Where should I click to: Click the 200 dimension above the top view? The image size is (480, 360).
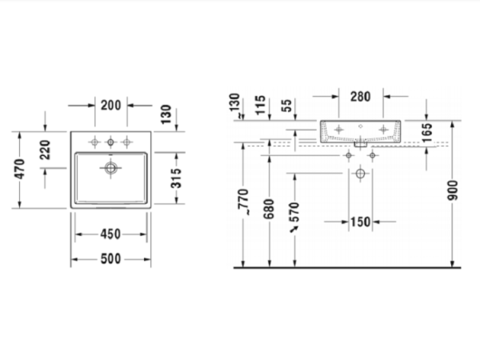pyautogui.click(x=110, y=105)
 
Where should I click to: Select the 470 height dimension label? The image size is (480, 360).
pyautogui.click(x=21, y=169)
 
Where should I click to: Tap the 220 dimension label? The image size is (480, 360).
pyautogui.click(x=46, y=149)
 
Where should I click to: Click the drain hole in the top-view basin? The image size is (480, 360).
pyautogui.click(x=110, y=168)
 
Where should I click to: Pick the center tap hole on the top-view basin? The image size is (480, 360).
pyautogui.click(x=110, y=142)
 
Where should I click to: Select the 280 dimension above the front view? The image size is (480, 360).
pyautogui.click(x=360, y=97)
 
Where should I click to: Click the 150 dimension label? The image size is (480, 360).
pyautogui.click(x=360, y=222)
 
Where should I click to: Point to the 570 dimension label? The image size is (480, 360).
pyautogui.click(x=294, y=211)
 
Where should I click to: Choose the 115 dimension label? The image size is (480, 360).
pyautogui.click(x=261, y=105)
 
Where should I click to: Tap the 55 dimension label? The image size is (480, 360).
pyautogui.click(x=286, y=106)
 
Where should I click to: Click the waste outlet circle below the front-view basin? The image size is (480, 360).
pyautogui.click(x=360, y=174)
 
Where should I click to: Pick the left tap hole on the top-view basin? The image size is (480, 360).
pyautogui.click(x=94, y=142)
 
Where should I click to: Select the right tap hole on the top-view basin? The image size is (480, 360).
pyautogui.click(x=126, y=142)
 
